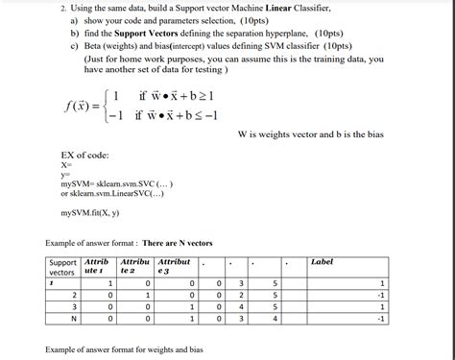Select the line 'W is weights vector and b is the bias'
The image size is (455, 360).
pyautogui.click(x=309, y=134)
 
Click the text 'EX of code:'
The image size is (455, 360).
pyautogui.click(x=84, y=156)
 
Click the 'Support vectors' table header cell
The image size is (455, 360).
pyautogui.click(x=63, y=266)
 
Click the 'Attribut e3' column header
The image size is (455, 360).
pyautogui.click(x=175, y=266)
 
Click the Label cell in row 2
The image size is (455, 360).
pyautogui.click(x=381, y=295)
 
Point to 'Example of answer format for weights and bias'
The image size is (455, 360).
pyautogui.click(x=125, y=349)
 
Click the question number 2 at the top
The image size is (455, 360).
pyautogui.click(x=49, y=8)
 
